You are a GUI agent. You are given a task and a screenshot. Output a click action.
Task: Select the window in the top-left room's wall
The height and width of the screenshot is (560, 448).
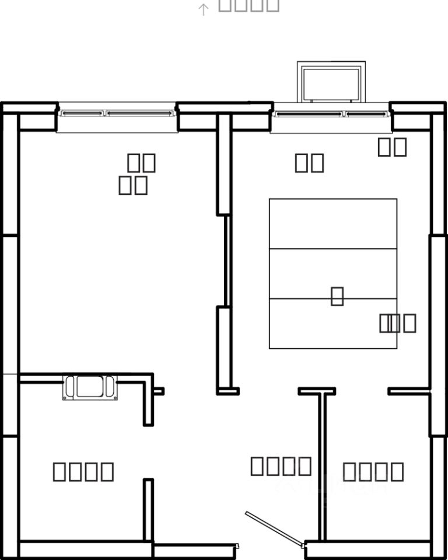117,113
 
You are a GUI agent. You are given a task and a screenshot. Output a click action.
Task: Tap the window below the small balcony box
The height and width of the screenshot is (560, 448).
331,114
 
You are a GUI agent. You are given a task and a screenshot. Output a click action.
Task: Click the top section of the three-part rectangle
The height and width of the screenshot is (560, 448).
332,224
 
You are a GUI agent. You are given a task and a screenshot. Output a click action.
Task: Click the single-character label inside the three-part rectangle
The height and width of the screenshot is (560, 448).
337,296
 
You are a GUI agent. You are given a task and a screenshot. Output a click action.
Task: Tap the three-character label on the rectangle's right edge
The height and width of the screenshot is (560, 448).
398,323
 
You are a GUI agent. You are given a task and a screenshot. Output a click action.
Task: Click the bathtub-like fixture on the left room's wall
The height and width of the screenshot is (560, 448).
90,387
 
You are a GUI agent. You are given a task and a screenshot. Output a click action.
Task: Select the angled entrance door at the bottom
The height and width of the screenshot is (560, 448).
274,530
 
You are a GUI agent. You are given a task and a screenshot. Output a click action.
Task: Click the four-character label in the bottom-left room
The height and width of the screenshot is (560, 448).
83,471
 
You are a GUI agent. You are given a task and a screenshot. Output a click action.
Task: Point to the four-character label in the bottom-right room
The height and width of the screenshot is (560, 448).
373,471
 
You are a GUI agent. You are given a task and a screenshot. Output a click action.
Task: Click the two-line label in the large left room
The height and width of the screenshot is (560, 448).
137,174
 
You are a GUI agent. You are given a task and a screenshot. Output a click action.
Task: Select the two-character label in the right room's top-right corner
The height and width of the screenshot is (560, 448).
392,147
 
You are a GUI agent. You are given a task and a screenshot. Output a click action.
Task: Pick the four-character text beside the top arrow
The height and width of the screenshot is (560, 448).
249,5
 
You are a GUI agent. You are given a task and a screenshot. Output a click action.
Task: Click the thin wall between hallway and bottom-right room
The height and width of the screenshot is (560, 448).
321,467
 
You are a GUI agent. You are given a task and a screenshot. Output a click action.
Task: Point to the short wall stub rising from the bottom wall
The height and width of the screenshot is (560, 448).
148,510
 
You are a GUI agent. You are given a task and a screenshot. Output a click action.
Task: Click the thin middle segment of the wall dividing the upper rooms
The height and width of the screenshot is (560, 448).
228,261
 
